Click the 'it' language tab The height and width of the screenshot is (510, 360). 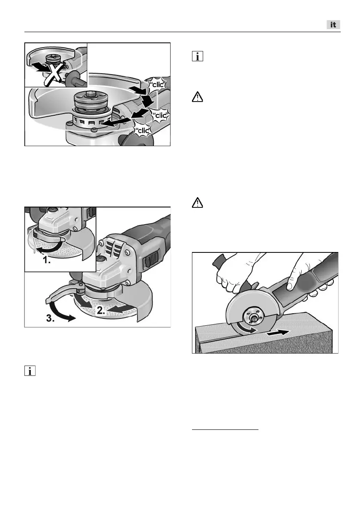333,25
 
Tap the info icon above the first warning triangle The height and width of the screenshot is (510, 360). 198,56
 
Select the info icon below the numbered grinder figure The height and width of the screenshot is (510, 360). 30,371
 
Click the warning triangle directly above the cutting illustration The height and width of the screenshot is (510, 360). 198,203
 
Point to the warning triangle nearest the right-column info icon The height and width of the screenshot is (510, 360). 198,97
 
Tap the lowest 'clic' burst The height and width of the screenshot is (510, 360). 143,131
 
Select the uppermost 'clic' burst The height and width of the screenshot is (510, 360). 157,84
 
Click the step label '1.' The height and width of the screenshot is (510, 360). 47,260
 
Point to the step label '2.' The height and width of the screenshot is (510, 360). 101,311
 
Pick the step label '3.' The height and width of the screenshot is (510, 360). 51,318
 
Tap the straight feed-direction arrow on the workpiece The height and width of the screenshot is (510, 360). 277,333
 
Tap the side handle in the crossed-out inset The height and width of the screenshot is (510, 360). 75,79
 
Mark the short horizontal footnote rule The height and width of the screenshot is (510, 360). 225,430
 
